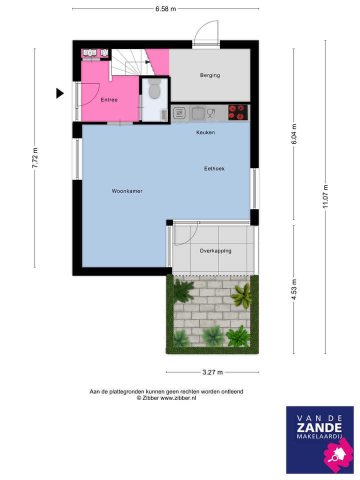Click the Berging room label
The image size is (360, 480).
coord(210,75)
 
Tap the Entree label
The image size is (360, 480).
coord(109,100)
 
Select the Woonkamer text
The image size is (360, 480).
coord(127,191)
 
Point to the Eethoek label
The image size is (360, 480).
coord(214,169)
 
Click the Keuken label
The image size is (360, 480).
coord(205,132)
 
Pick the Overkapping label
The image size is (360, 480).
coord(215,251)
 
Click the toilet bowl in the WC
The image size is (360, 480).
coord(154,91)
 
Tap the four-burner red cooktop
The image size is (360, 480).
coord(238,112)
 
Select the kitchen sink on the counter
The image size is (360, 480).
coord(198,113)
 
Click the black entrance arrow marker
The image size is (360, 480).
coord(60,93)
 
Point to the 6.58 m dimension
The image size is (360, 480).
coord(165,8)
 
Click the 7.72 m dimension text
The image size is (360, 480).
coord(35,158)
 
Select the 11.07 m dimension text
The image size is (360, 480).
coord(325,196)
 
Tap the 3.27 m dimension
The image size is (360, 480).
coord(212,372)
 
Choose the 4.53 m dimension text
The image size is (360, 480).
coord(294,289)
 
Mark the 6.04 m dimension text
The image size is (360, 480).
coord(294,134)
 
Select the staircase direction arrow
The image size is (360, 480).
coord(147,62)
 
